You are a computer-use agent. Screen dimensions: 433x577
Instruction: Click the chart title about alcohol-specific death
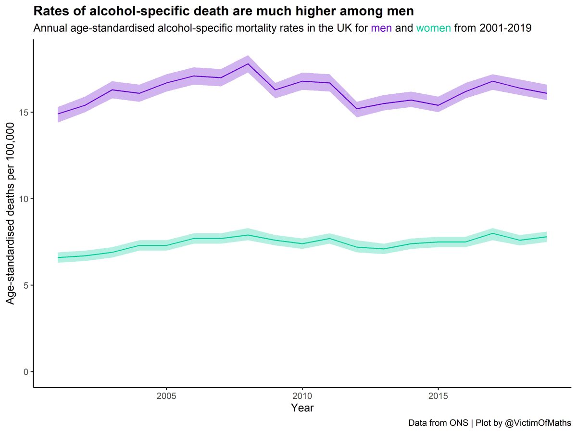(x=224, y=11)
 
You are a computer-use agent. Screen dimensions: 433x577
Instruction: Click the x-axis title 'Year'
(x=302, y=408)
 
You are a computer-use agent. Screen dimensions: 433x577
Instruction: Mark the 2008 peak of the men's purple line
(x=248, y=64)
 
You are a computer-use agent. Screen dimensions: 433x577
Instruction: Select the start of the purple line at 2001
(x=58, y=114)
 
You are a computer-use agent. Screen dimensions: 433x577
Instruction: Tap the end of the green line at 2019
(x=546, y=237)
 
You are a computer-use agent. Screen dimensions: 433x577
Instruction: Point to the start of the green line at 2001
(x=58, y=257)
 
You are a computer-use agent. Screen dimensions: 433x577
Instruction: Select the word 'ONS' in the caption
(x=460, y=423)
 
